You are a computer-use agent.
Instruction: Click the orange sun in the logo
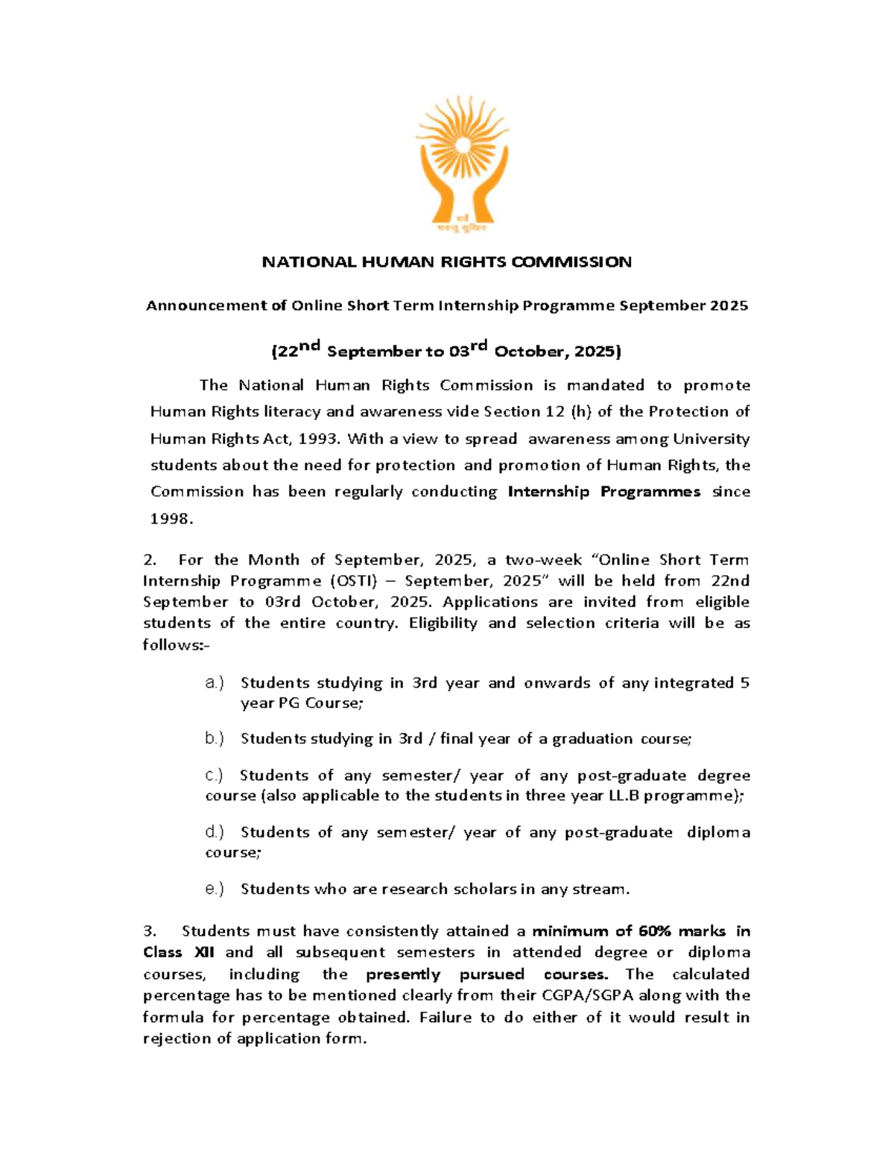pos(462,133)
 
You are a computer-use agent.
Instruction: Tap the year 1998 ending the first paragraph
pos(170,519)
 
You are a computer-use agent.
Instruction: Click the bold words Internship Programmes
pos(603,492)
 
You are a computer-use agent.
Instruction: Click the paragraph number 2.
pos(148,560)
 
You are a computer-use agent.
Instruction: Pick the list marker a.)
pos(214,682)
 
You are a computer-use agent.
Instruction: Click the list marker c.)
pos(214,776)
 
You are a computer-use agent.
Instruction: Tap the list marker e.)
pos(214,889)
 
